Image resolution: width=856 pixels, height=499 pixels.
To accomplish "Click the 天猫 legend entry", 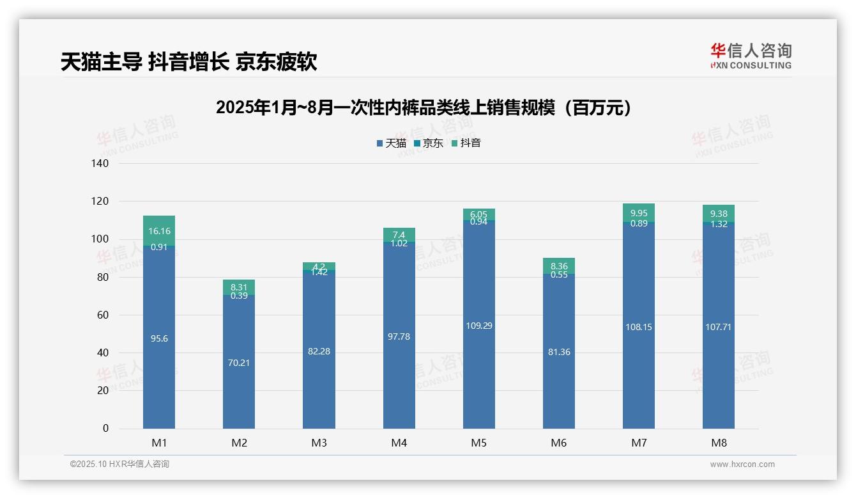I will [392, 143].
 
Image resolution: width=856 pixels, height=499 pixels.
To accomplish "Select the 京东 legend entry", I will [429, 143].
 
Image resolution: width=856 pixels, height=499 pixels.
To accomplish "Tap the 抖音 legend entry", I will [466, 143].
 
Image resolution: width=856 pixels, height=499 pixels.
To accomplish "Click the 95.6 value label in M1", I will [159, 338].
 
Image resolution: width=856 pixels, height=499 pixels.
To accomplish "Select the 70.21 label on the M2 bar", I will [239, 363].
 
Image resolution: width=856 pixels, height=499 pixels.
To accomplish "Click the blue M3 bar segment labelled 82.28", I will [319, 351].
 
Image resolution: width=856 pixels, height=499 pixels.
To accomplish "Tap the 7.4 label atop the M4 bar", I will [399, 235].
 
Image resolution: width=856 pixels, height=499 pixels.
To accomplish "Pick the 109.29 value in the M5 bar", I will [479, 326].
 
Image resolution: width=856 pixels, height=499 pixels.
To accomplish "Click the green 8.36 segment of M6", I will [559, 265].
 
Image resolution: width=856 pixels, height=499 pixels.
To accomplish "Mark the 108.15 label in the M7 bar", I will [639, 327].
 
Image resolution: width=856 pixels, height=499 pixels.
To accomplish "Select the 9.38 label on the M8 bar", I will [719, 214].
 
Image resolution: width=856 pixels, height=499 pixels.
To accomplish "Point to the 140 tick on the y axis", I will [100, 163].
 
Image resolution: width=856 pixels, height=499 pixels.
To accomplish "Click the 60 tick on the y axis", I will [103, 315].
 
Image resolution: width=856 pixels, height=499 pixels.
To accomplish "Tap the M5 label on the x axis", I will [479, 443].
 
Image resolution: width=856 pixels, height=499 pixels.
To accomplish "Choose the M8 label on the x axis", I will [719, 443].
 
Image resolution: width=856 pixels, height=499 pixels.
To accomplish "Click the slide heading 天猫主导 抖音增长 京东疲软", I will [189, 62].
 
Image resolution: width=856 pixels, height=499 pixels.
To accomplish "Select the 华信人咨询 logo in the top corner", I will [751, 56].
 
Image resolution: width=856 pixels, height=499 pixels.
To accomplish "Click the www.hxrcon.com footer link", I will [742, 464].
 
